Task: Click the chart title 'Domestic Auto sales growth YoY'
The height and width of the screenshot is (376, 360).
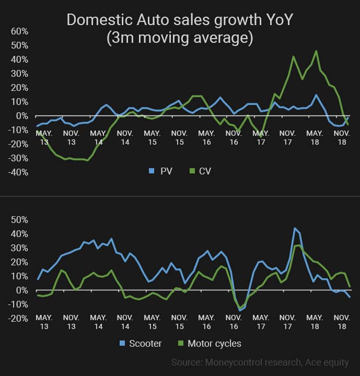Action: click(180, 20)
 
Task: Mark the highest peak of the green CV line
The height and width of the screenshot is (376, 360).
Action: click(316, 51)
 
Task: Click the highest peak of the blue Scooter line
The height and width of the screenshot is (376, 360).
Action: click(295, 228)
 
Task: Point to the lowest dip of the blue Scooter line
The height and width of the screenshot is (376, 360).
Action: click(240, 310)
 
